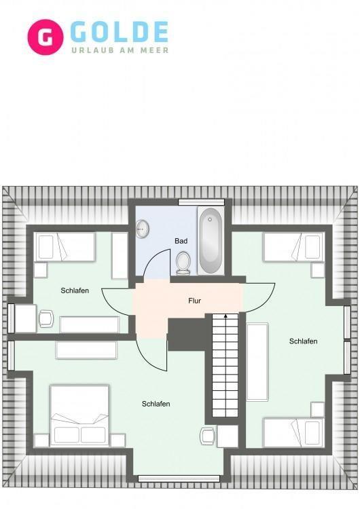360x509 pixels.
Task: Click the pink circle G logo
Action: (45, 37)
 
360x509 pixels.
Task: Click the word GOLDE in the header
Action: (120, 32)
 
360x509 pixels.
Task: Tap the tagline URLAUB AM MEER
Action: (120, 50)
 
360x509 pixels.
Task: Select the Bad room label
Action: (181, 241)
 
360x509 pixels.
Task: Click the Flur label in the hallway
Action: (195, 301)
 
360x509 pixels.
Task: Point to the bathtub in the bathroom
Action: (211, 240)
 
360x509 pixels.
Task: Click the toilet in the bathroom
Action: (183, 263)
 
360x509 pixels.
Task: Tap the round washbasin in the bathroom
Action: (143, 229)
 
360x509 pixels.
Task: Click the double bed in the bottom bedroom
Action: (79, 416)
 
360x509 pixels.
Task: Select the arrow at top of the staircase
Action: (226, 315)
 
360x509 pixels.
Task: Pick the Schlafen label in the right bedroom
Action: (303, 341)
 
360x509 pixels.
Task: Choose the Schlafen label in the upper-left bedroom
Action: (75, 290)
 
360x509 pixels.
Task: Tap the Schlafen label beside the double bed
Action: (156, 404)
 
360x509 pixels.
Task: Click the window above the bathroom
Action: (202, 202)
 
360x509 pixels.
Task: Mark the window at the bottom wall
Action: (179, 478)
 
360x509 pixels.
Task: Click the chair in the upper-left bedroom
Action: (46, 318)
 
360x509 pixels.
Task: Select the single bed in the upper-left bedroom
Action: (65, 247)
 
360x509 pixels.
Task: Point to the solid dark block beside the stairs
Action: (187, 335)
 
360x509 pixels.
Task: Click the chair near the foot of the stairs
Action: (207, 436)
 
